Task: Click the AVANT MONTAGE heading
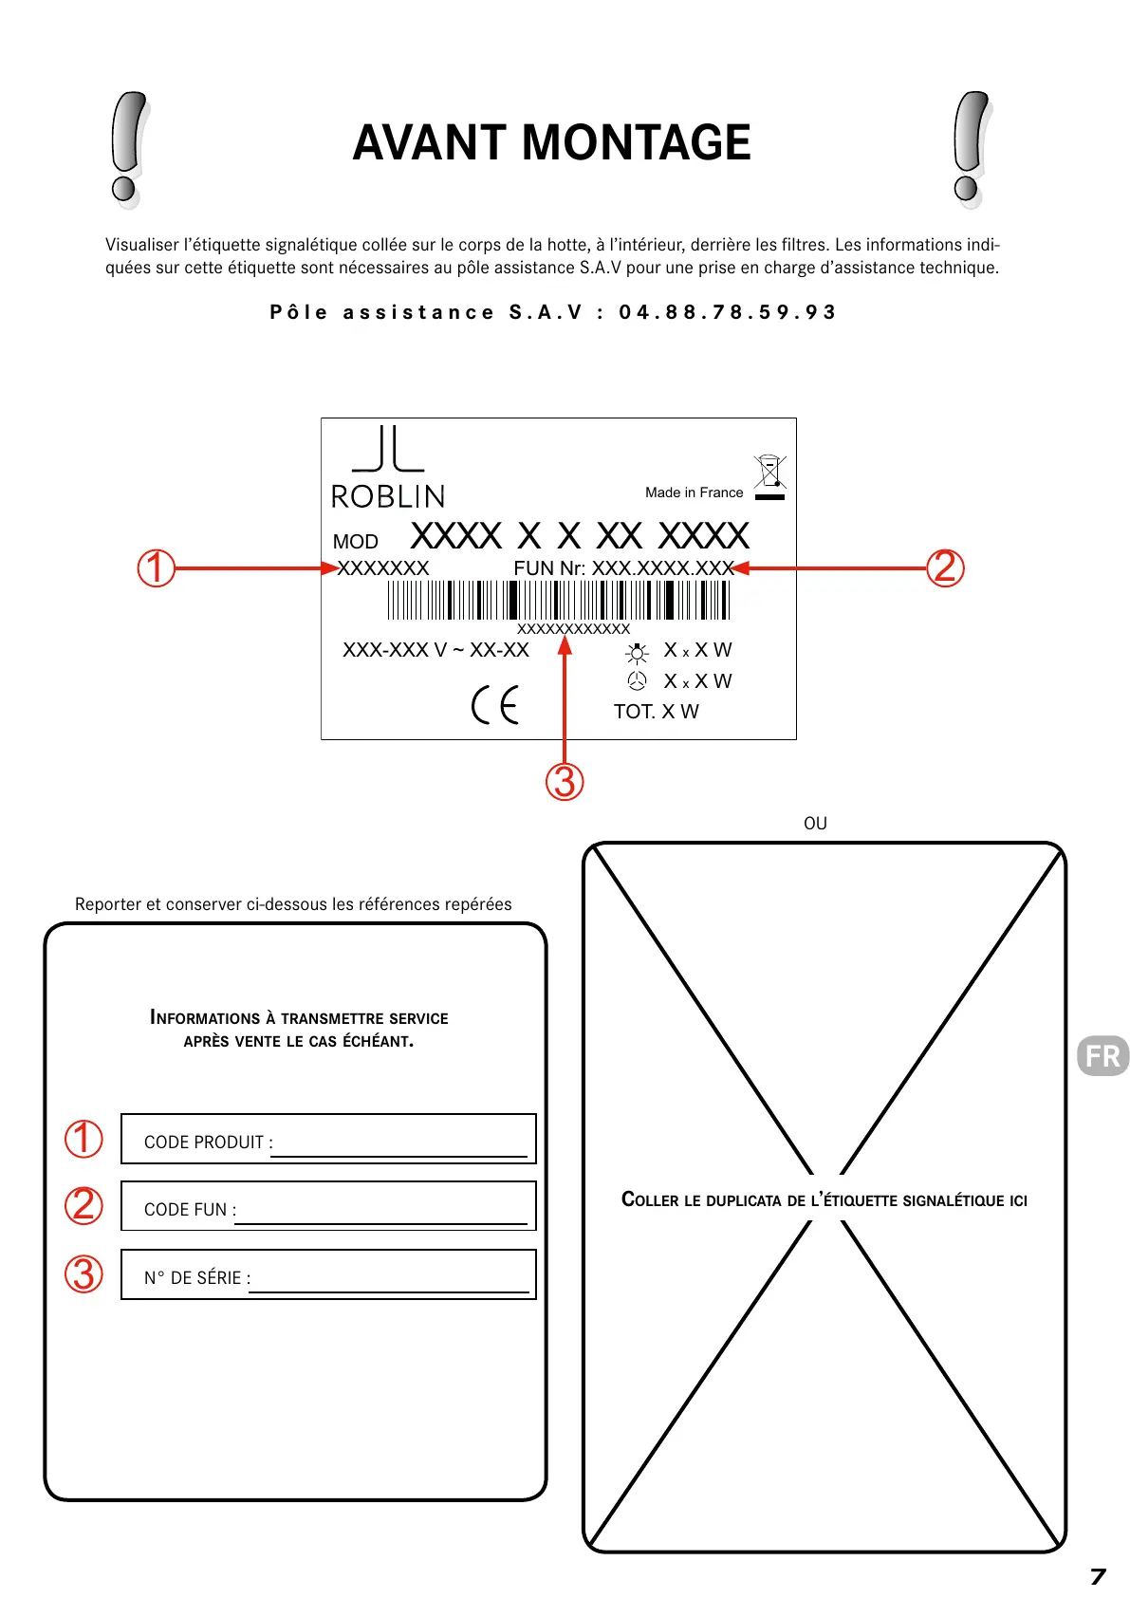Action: coord(551,143)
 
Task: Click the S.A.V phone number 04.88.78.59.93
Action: coord(727,312)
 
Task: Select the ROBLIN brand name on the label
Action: coord(388,496)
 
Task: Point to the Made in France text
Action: coord(694,492)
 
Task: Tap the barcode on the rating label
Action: coord(558,600)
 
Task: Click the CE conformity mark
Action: coord(495,704)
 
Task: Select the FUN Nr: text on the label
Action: coord(549,567)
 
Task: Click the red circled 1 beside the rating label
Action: coord(157,568)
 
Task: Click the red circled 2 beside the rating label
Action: coord(945,567)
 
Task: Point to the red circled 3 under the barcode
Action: coord(565,782)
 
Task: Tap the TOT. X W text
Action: coord(656,712)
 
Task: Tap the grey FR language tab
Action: coord(1102,1055)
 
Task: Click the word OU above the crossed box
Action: coord(815,823)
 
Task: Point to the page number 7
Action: coord(1098,1576)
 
